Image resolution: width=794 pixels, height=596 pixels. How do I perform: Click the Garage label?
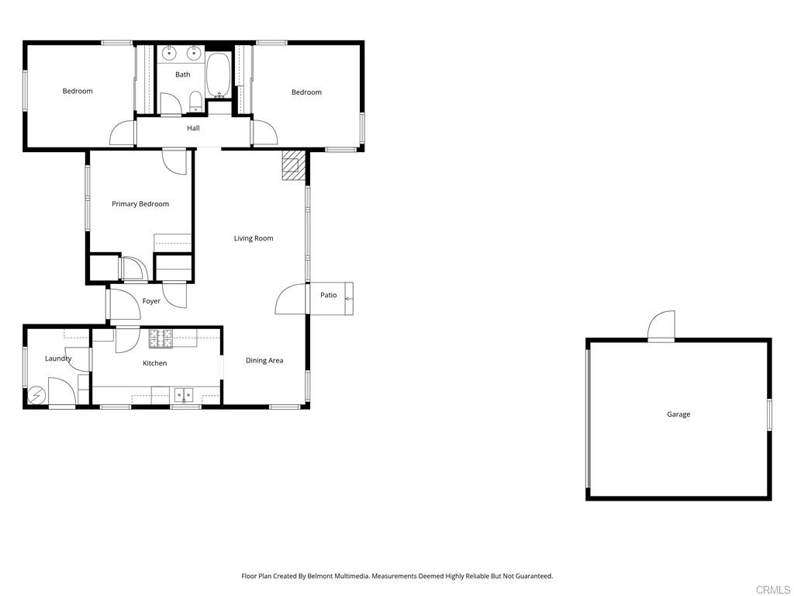[x=678, y=414]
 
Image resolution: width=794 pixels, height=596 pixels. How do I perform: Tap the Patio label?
[x=329, y=295]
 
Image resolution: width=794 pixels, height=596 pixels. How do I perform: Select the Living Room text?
[x=254, y=238]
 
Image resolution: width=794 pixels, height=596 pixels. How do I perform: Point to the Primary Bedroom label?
[x=140, y=204]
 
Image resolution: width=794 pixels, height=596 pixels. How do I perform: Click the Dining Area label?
[x=264, y=360]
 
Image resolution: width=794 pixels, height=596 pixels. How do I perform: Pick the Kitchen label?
[x=155, y=363]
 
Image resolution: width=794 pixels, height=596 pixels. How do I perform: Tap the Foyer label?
[x=151, y=301]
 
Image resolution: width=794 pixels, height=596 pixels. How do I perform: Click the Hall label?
[x=193, y=128]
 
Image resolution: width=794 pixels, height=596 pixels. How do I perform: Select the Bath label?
[x=182, y=74]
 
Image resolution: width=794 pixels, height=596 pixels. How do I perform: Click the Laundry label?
[x=58, y=359]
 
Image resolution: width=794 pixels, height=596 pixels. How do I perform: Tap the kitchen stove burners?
[x=161, y=338]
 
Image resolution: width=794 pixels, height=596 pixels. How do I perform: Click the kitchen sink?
[x=184, y=395]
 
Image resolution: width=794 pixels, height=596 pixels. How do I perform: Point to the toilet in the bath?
[x=195, y=102]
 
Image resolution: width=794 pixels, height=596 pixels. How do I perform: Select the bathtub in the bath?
[x=219, y=74]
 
